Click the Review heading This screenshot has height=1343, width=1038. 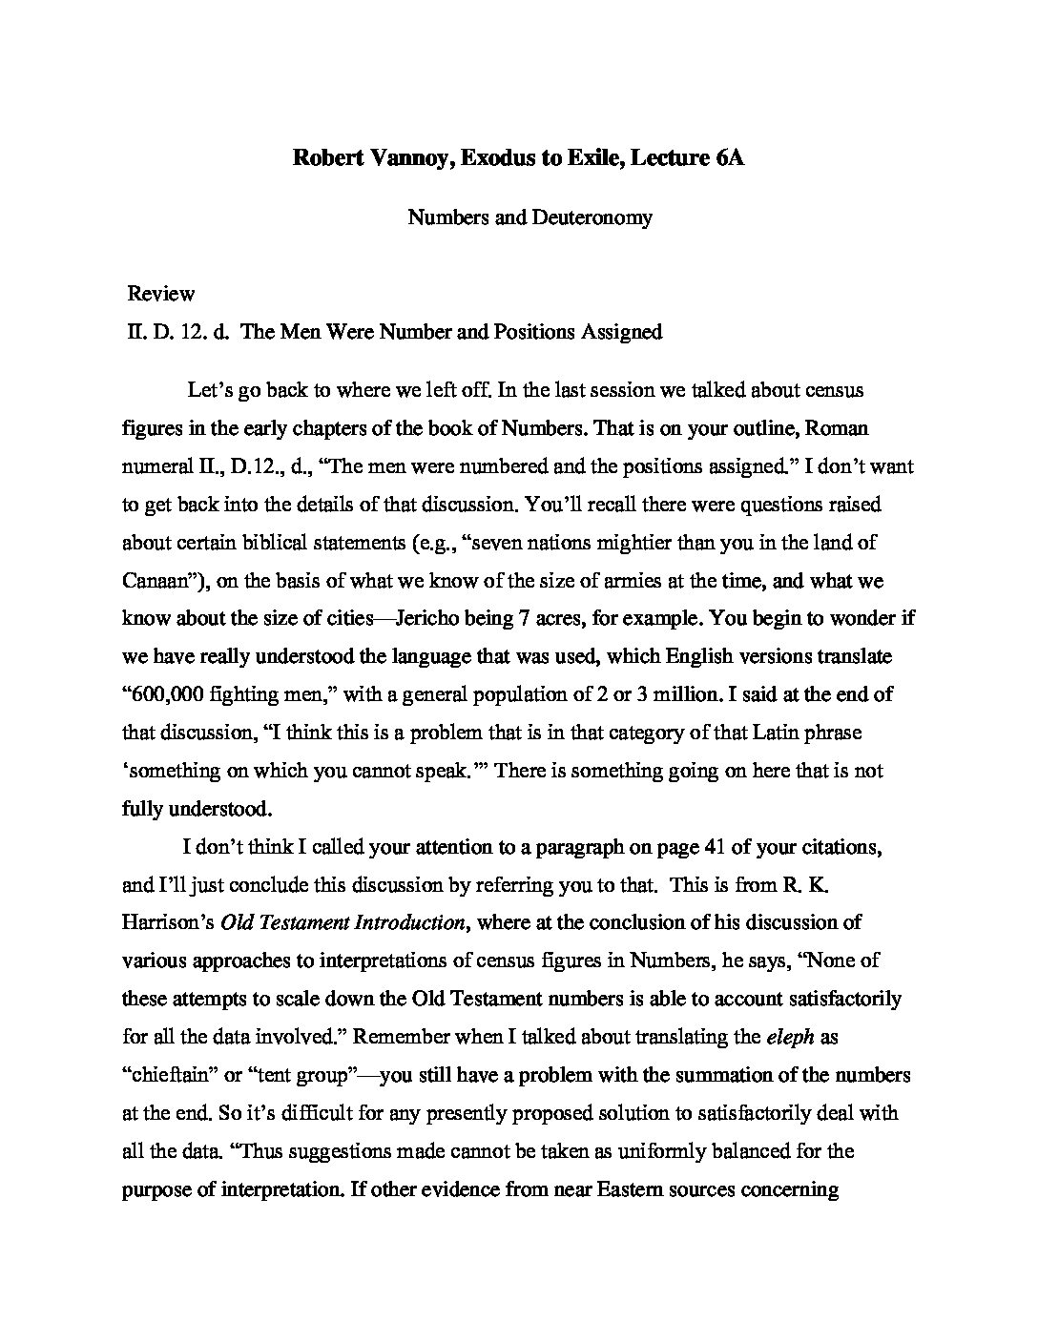click(161, 294)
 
